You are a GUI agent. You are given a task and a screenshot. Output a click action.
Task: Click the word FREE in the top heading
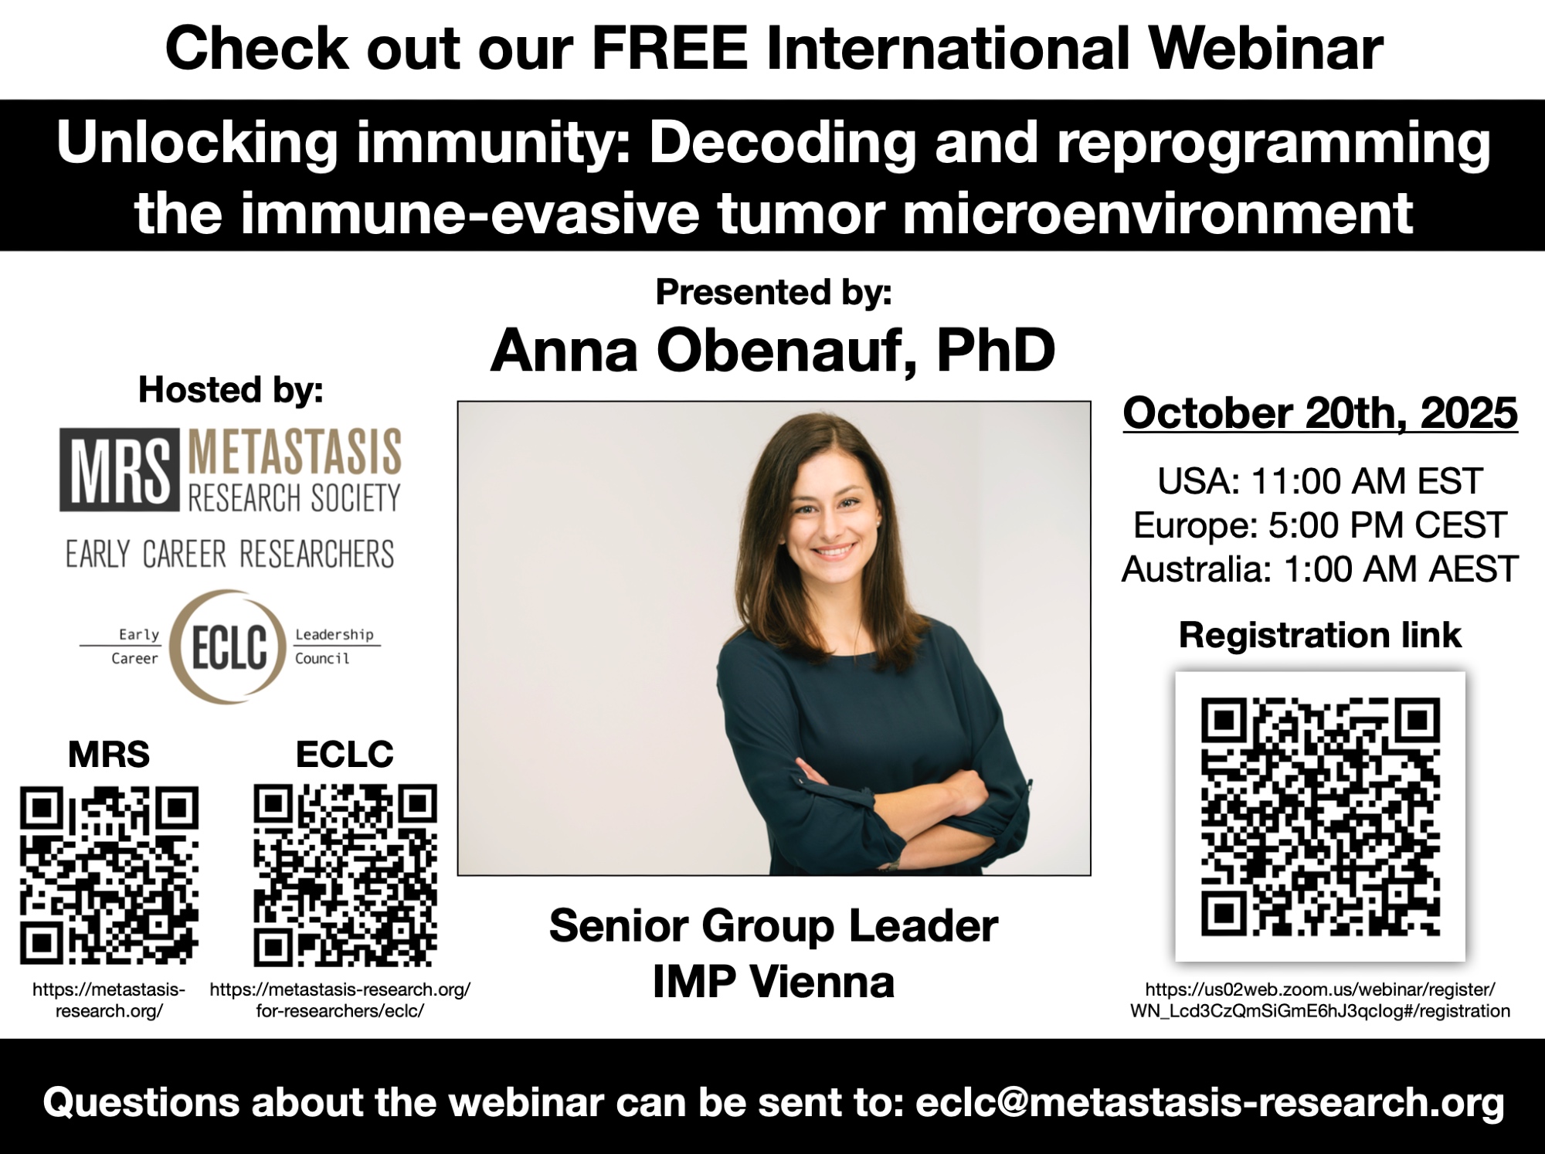[x=670, y=49]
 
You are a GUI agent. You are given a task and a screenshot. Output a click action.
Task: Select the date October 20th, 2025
[x=1320, y=414]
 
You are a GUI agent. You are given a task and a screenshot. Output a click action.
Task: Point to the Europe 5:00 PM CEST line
[x=1320, y=525]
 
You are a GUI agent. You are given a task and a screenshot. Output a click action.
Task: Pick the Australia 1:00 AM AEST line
[x=1320, y=569]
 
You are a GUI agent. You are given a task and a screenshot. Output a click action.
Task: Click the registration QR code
[x=1320, y=816]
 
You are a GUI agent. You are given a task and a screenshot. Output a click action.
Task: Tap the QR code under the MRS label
[x=109, y=875]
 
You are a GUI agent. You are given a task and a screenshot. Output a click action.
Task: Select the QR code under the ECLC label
[x=345, y=875]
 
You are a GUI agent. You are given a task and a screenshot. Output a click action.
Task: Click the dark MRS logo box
[x=120, y=470]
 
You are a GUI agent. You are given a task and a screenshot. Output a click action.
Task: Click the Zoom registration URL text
[x=1320, y=1000]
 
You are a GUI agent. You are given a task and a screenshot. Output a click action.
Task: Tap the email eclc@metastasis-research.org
[x=1210, y=1101]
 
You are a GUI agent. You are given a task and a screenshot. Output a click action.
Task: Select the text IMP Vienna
[x=773, y=983]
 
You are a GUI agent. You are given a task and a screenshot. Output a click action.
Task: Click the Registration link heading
[x=1320, y=636]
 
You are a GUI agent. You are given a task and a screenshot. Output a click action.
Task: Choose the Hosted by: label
[x=230, y=390]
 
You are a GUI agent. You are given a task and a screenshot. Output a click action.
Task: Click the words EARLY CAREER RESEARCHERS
[x=229, y=555]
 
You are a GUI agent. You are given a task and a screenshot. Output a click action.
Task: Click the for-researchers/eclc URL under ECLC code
[x=340, y=1000]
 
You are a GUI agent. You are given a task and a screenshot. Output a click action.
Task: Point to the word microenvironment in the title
[x=1158, y=214]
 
